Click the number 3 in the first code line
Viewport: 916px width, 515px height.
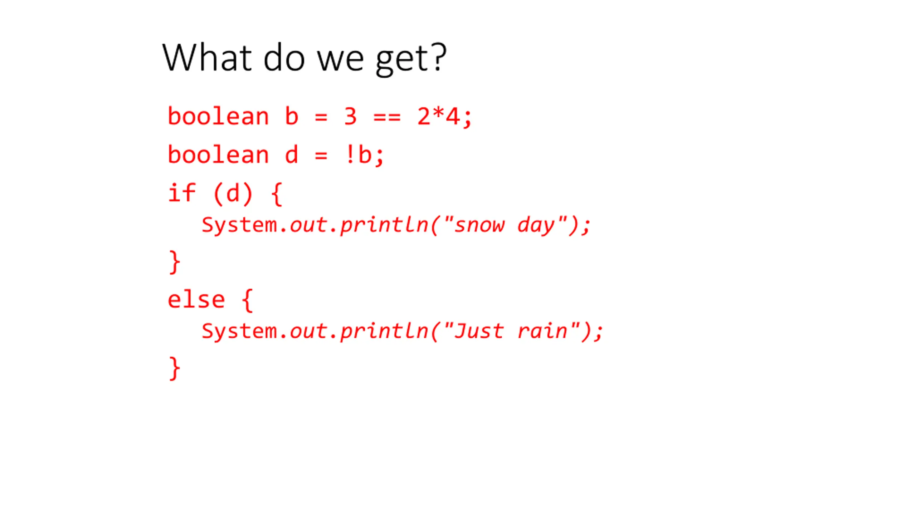click(350, 116)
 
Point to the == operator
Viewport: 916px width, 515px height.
click(387, 117)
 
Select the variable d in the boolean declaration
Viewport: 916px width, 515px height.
click(292, 154)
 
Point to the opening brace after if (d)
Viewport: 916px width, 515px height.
click(277, 194)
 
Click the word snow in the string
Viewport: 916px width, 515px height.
click(479, 225)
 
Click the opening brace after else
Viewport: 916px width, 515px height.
click(248, 300)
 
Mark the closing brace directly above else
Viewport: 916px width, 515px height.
click(174, 262)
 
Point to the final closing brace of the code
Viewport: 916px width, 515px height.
click(174, 368)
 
